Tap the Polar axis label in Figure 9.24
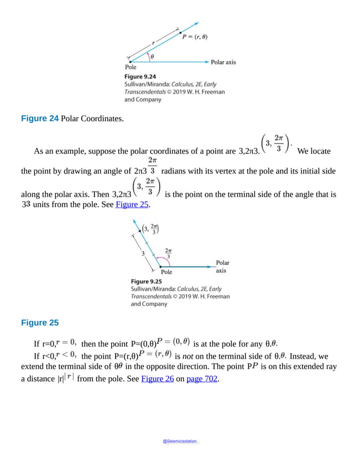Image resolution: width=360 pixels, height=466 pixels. pyautogui.click(x=223, y=62)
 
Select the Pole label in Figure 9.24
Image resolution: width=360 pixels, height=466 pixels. pyautogui.click(x=130, y=67)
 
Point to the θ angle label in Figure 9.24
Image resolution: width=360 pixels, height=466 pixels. pyautogui.click(x=152, y=56)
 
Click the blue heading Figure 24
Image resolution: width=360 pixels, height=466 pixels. pyautogui.click(x=39, y=119)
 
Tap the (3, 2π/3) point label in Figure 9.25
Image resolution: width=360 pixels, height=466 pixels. pyautogui.click(x=151, y=229)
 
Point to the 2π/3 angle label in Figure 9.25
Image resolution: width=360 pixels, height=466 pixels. pyautogui.click(x=168, y=252)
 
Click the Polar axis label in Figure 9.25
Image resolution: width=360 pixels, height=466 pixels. pyautogui.click(x=222, y=267)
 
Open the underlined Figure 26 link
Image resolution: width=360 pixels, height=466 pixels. pyautogui.click(x=156, y=379)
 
